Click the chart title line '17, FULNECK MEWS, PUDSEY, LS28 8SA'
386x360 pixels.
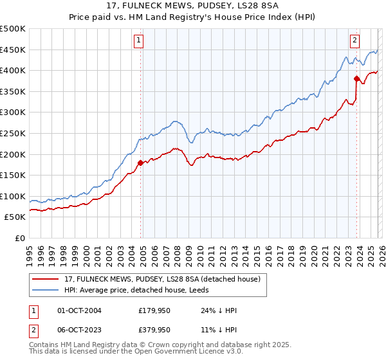pos(193,7)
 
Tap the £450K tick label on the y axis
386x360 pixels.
pos(13,50)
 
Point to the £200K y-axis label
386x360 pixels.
pos(13,154)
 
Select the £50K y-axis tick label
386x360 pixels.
pos(15,217)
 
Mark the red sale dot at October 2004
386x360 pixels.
pos(140,163)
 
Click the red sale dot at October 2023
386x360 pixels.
pos(356,78)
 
